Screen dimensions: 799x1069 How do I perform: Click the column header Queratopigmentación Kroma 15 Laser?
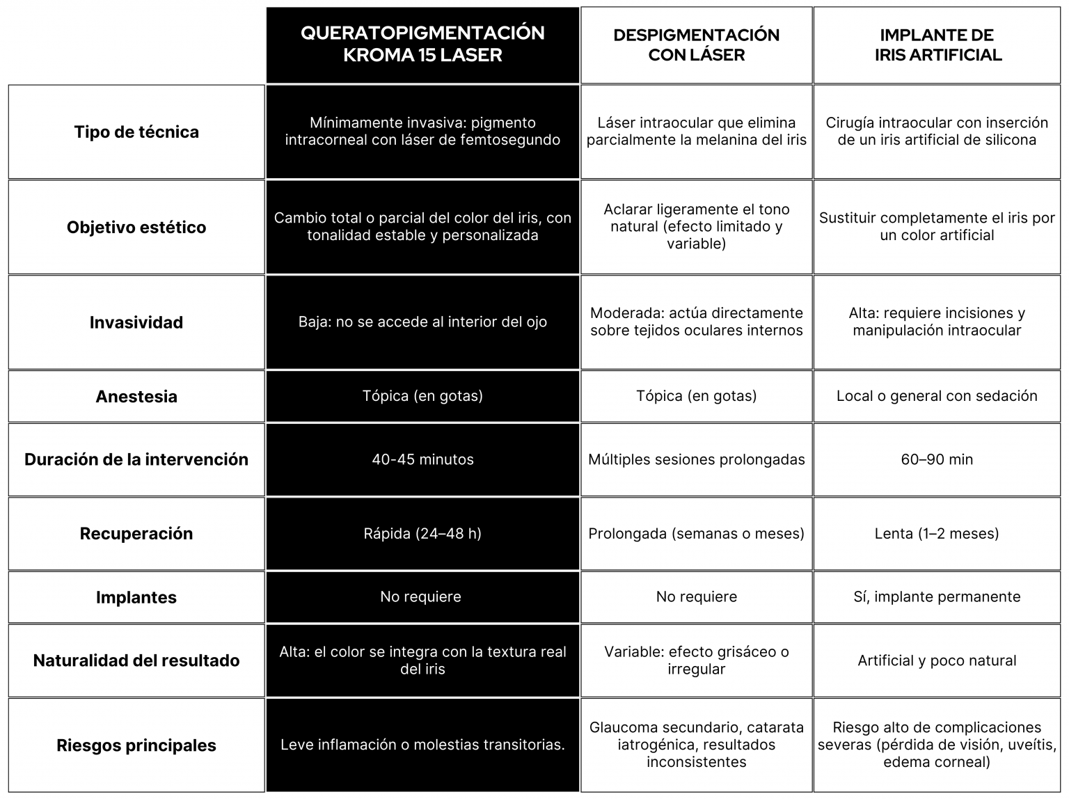[x=422, y=45]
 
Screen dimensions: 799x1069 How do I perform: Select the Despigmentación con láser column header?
[x=696, y=45]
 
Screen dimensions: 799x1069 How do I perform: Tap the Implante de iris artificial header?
[x=937, y=45]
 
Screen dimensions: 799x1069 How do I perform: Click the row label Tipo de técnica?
[x=136, y=132]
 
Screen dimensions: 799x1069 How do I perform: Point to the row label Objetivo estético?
[x=136, y=228]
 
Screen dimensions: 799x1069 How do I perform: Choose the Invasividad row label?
[x=136, y=322]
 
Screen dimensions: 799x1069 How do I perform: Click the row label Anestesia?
[x=136, y=397]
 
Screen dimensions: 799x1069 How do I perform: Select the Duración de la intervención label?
[x=136, y=459]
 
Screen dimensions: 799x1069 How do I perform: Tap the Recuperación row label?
[x=136, y=534]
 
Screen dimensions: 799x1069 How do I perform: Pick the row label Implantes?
[x=136, y=597]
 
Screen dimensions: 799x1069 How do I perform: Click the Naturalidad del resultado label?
[x=136, y=660]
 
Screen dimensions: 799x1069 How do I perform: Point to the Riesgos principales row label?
[x=136, y=745]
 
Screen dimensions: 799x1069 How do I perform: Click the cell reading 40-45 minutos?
[x=422, y=459]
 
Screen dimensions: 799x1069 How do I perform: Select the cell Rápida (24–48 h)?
[x=422, y=534]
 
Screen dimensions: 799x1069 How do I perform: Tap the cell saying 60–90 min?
[x=937, y=459]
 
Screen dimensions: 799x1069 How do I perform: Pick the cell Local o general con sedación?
[x=937, y=396]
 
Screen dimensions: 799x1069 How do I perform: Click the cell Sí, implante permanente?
[x=937, y=596]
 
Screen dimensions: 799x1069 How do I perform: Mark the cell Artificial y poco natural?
[x=937, y=660]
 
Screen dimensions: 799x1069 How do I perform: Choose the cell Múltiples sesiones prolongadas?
[x=696, y=459]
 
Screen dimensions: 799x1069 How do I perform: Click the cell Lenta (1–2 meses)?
[x=937, y=534]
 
